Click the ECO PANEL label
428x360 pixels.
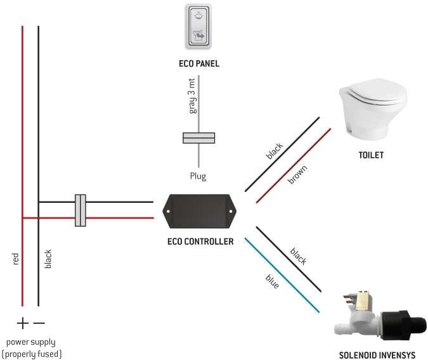[x=199, y=64]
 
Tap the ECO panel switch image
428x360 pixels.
[x=199, y=26]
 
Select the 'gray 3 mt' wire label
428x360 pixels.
[x=193, y=95]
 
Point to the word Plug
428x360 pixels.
[x=198, y=176]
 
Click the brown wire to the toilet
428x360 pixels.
[x=293, y=166]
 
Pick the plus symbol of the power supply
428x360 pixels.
[x=22, y=324]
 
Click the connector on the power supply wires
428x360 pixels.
[x=81, y=210]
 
